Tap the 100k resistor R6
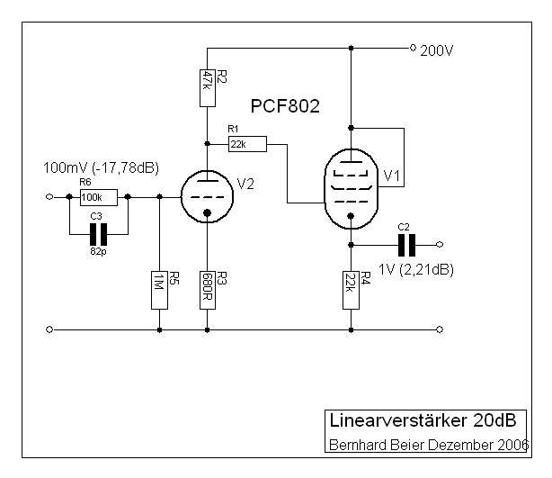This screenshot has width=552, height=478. [x=91, y=197]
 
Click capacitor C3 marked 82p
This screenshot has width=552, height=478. [x=97, y=235]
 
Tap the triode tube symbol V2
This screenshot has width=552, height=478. [x=208, y=196]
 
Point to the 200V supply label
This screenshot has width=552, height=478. [x=438, y=51]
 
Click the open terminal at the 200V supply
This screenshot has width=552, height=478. [x=412, y=47]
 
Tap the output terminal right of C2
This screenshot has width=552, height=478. [x=440, y=245]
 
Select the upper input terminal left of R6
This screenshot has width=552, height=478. [x=48, y=197]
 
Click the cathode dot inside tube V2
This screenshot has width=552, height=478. [x=208, y=214]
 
